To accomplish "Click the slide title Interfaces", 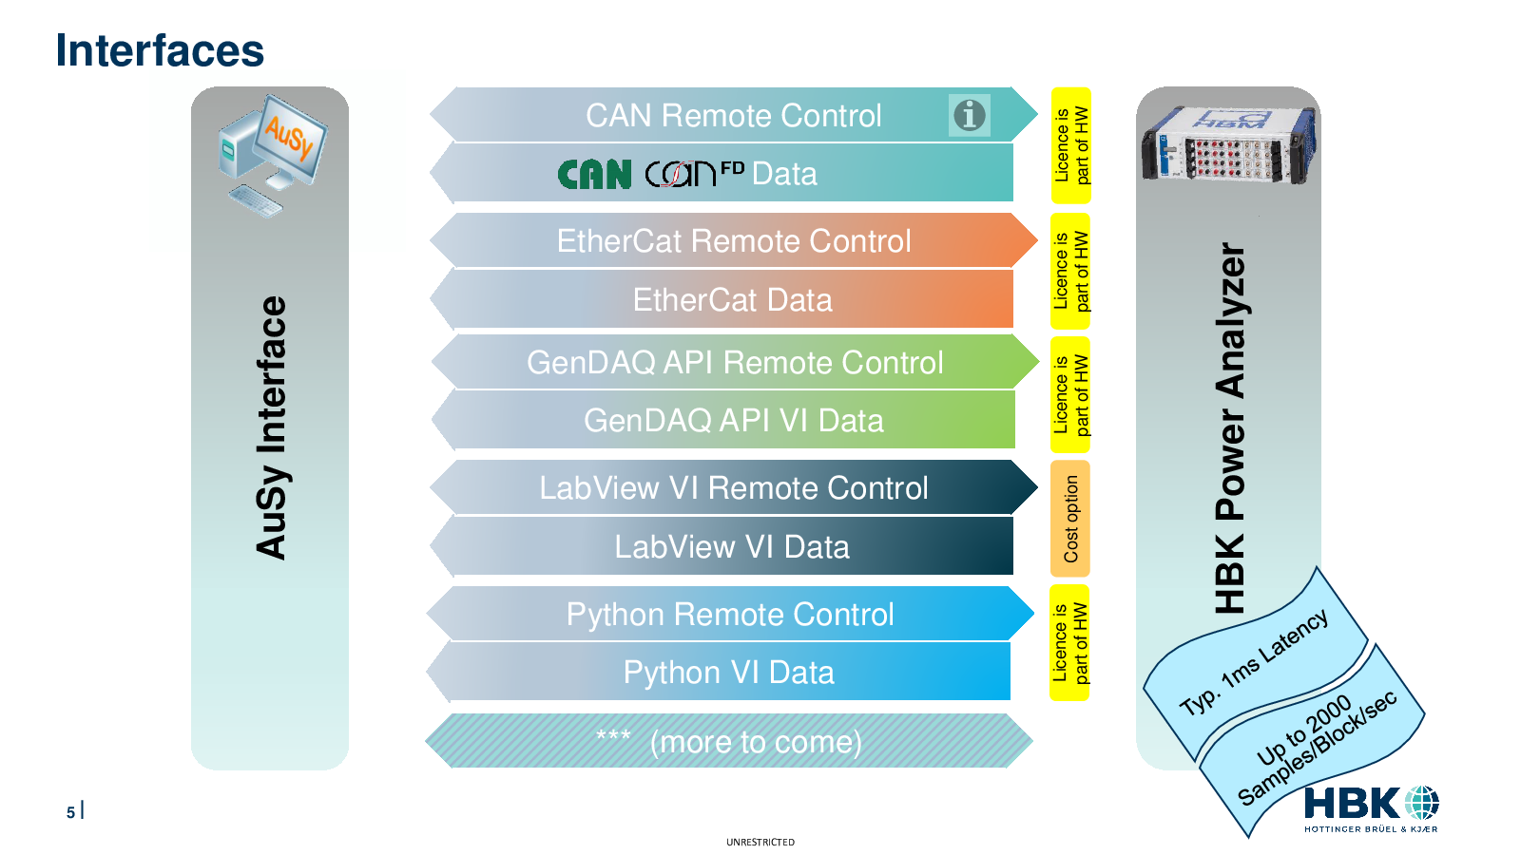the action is [x=160, y=51].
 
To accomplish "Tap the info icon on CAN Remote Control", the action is [x=969, y=115].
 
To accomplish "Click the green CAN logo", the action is [x=594, y=175].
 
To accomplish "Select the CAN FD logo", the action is [x=694, y=173].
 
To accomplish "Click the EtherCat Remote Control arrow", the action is [x=733, y=240].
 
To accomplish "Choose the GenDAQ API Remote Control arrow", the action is [x=735, y=362].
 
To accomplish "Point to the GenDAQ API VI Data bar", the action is [x=723, y=420].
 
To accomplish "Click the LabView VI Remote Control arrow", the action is [x=733, y=487].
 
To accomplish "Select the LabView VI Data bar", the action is [x=722, y=546].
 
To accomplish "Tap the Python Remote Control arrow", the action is [x=731, y=614].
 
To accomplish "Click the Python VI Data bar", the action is [x=719, y=672].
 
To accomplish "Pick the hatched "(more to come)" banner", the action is [x=729, y=741].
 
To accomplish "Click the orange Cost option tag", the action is [x=1070, y=519].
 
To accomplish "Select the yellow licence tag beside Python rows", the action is [x=1070, y=642].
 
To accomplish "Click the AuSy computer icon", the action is [x=272, y=156].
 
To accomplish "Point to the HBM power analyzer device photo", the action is [x=1228, y=144].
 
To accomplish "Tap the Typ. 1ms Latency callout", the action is [x=1255, y=664].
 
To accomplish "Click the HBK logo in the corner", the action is [x=1371, y=808].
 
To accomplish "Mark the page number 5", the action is [x=70, y=812].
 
